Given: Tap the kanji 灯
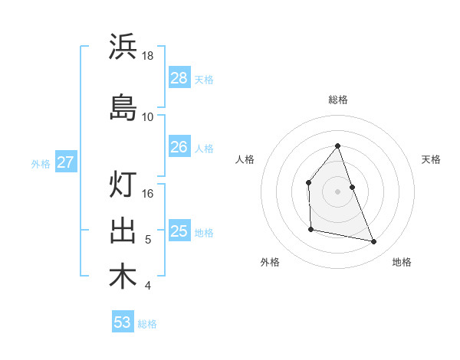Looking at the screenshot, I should [123, 185].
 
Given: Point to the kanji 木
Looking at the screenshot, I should [123, 277].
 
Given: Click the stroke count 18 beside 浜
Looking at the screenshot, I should [148, 56].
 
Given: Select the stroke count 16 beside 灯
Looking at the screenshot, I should [148, 194].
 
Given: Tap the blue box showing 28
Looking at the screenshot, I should [179, 77].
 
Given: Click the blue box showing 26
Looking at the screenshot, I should [179, 147].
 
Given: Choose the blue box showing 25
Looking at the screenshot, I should [179, 231].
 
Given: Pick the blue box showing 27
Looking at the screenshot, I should [65, 162].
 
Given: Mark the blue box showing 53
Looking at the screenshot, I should [122, 322].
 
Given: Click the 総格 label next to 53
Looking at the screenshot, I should [147, 324].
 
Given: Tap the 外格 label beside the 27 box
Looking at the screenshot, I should [41, 163].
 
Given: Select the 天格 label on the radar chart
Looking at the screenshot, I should [431, 159].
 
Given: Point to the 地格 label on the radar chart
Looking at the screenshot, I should [402, 262].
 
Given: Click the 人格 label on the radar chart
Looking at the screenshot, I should [245, 159].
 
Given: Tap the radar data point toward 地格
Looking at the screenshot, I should [374, 242].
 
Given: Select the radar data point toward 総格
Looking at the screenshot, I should [337, 146].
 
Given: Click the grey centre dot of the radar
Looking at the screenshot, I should [337, 191].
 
